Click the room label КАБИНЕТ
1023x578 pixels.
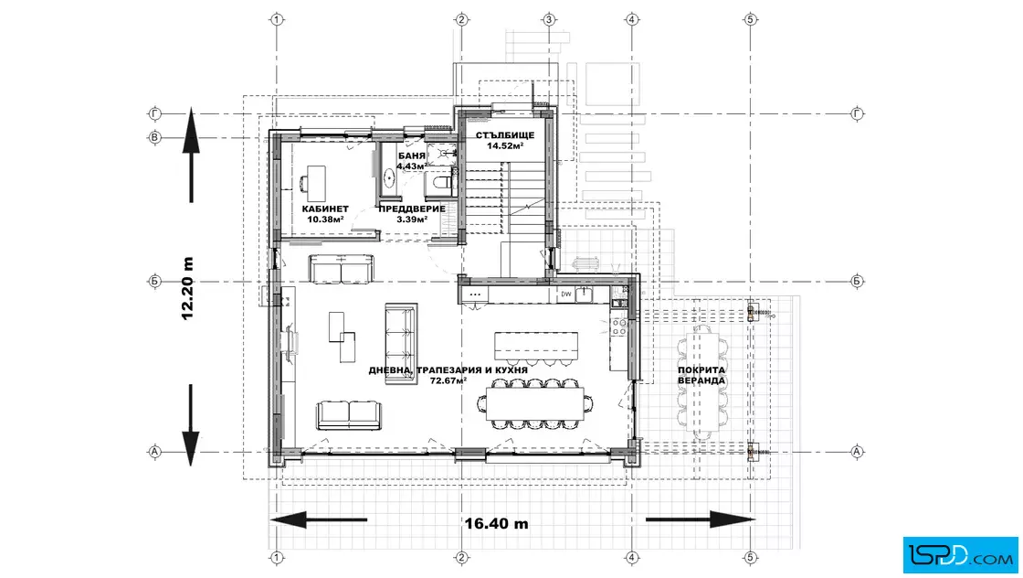325,209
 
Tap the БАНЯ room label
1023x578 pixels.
412,156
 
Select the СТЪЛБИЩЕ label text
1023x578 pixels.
505,135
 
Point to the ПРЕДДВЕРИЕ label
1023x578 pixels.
412,209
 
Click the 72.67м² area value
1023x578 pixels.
448,380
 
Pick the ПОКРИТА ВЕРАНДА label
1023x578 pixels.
701,375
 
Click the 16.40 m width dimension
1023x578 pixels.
497,523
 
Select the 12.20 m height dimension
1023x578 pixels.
188,288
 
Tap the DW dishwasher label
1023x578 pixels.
566,294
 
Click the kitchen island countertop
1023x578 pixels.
535,346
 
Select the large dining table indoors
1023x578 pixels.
535,404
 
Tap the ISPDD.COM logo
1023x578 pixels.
960,554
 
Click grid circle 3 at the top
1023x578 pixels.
549,19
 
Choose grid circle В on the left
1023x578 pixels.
154,138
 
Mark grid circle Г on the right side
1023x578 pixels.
858,113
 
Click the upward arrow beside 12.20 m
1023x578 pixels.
191,155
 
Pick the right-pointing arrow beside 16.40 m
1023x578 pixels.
700,519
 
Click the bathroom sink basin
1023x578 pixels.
389,177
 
